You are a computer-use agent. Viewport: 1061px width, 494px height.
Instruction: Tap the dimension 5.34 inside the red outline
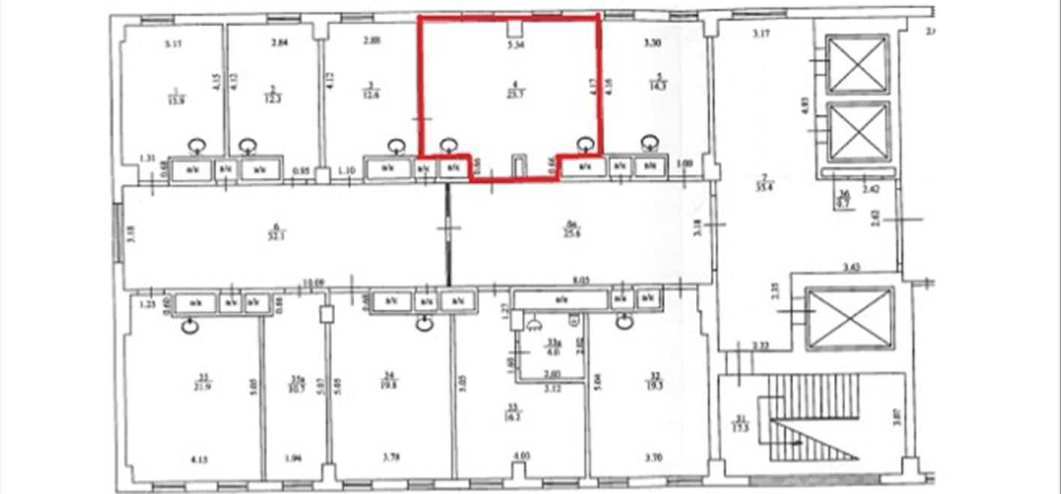(514, 45)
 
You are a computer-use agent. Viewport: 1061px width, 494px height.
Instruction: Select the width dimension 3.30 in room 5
(652, 43)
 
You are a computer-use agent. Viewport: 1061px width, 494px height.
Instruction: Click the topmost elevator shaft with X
(857, 64)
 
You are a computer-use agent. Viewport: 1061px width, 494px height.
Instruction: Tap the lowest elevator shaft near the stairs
(849, 318)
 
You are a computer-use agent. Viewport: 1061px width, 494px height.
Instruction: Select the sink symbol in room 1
(197, 145)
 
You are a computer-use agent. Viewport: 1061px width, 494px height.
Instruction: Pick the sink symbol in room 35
(191, 325)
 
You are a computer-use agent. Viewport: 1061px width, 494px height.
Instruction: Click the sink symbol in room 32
(624, 322)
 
